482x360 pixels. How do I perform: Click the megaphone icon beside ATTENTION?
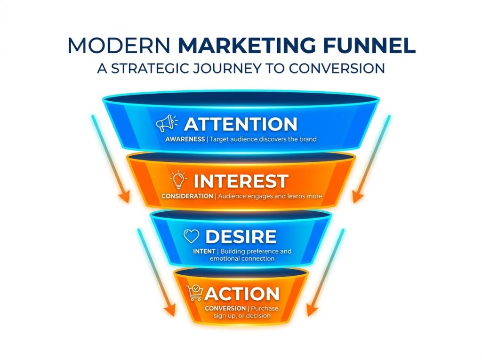pos(167,124)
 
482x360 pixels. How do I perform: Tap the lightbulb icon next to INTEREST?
pos(178,180)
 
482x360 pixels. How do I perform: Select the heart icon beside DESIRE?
pos(191,236)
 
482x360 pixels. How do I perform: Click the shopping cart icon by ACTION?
pos(195,293)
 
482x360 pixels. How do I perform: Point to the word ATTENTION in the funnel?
pos(241,124)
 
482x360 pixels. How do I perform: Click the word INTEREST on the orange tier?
pos(241,181)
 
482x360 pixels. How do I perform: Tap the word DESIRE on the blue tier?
pos(241,237)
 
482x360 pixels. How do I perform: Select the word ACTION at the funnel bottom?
pos(242,294)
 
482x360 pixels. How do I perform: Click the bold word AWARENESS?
pos(185,139)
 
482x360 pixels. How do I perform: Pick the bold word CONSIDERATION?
pos(187,196)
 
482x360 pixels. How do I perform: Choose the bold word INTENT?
pos(204,251)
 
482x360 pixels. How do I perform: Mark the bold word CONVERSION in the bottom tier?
pos(225,308)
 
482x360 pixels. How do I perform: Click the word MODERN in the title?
pos(119,46)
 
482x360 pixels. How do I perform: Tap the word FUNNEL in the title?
pos(369,46)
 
